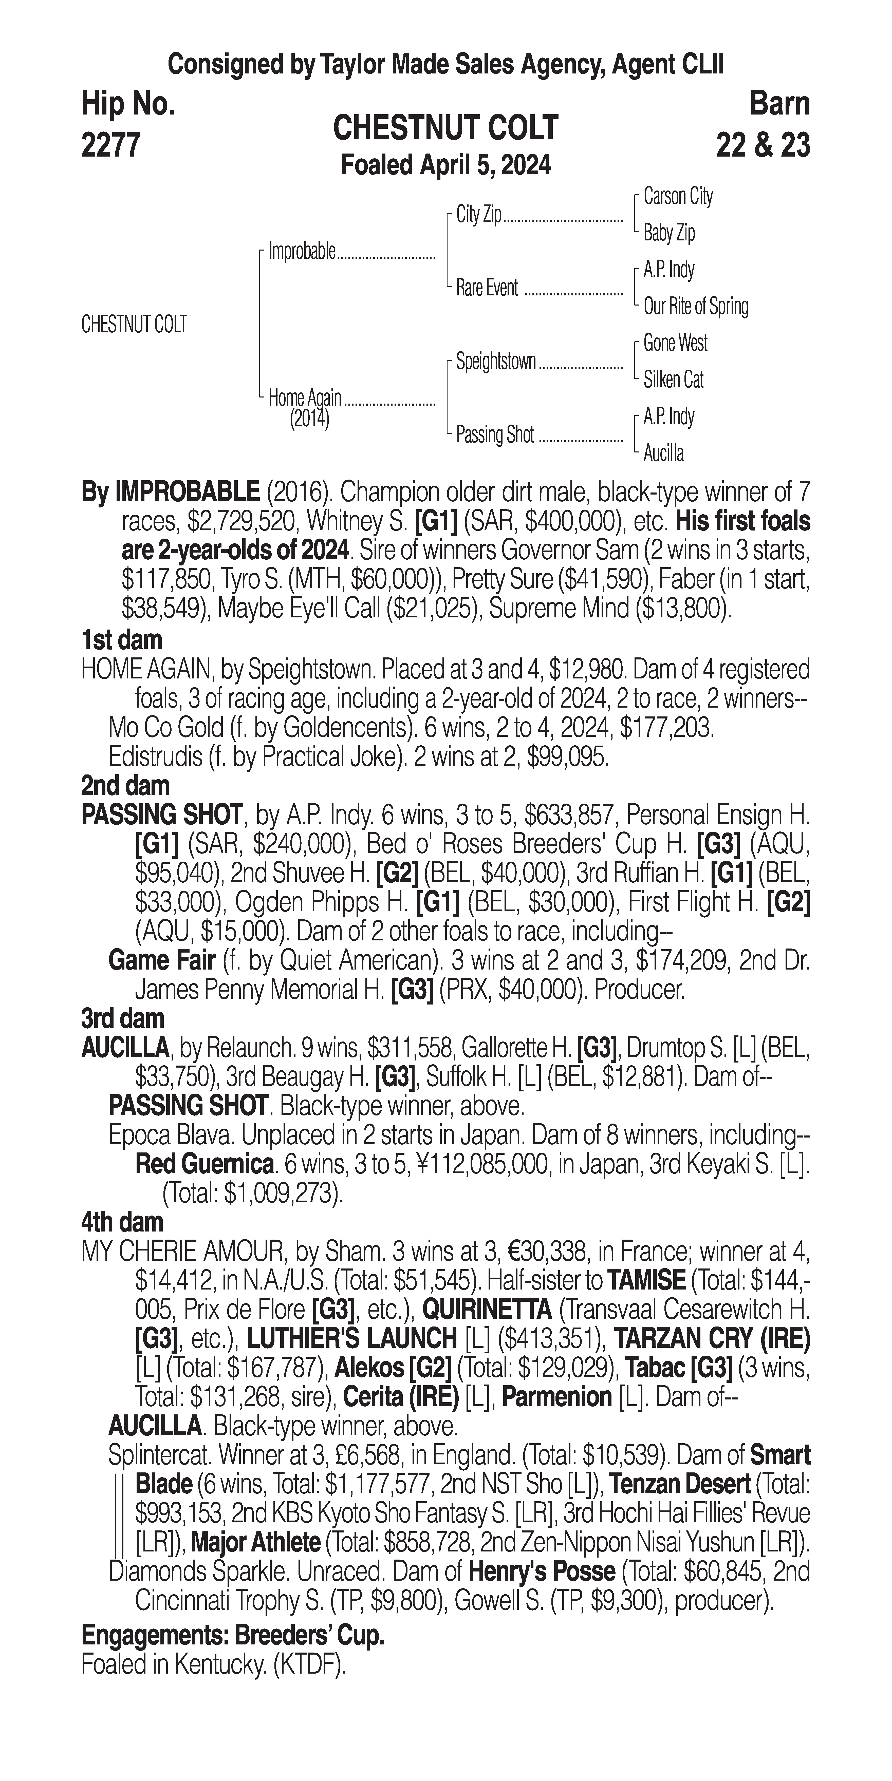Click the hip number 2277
(111, 145)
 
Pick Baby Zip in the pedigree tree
(669, 233)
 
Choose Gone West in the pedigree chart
(675, 343)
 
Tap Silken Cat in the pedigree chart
(673, 380)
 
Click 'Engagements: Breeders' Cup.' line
(233, 1636)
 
